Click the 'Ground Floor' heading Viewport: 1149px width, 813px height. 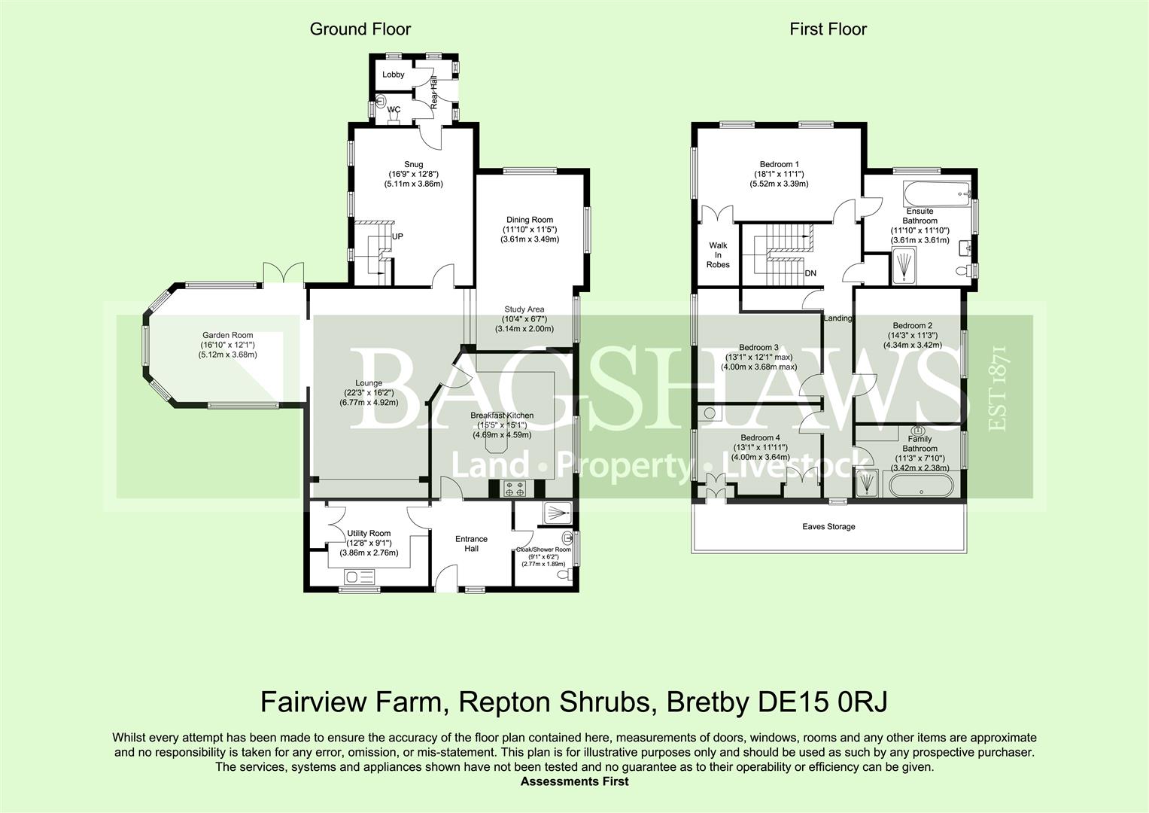click(x=360, y=29)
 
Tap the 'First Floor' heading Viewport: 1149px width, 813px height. click(x=828, y=29)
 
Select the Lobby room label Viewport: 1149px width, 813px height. click(x=394, y=75)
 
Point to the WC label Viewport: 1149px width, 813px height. click(x=394, y=109)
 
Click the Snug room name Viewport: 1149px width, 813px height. click(x=413, y=164)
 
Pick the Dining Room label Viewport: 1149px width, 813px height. click(x=530, y=220)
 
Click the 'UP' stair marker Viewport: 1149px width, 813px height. click(x=397, y=236)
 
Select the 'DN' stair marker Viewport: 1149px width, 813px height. click(x=810, y=273)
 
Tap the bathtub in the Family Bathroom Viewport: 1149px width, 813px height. click(x=921, y=486)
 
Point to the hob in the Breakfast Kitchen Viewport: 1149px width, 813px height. click(x=515, y=488)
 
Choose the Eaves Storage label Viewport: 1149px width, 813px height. click(x=829, y=527)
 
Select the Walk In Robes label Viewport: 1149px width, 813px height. click(x=718, y=255)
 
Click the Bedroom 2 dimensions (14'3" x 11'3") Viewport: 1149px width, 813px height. click(x=913, y=336)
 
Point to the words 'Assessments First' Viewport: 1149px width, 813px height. click(x=575, y=781)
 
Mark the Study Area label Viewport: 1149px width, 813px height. click(x=524, y=309)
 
